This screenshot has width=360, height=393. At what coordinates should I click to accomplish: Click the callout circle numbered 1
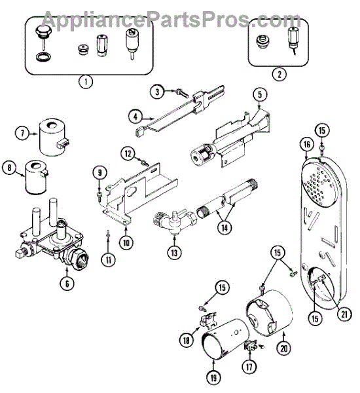[x=86, y=81]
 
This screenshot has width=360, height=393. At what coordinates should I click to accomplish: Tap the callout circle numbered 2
[x=279, y=74]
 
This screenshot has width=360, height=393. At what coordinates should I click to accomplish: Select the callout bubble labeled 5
[x=260, y=95]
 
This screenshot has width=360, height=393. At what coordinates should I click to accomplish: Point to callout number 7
[x=22, y=133]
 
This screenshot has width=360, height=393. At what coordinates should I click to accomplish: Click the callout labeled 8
[x=10, y=167]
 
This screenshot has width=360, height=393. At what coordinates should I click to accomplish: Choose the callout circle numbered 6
[x=67, y=284]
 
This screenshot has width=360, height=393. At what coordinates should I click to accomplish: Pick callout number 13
[x=174, y=252]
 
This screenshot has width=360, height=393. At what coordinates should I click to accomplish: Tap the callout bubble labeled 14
[x=225, y=227]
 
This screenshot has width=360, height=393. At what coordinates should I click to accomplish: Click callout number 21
[x=344, y=314]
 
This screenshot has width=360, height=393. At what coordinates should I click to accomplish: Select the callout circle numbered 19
[x=213, y=377]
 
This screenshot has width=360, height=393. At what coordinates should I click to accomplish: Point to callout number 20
[x=284, y=348]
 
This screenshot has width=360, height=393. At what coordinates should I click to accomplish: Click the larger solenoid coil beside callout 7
[x=52, y=137]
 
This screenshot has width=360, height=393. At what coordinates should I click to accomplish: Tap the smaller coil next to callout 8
[x=36, y=177]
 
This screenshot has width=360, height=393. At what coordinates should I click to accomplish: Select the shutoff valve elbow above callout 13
[x=175, y=220]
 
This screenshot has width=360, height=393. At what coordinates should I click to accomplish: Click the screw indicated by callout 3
[x=182, y=94]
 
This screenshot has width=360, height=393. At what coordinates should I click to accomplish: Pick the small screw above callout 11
[x=108, y=233]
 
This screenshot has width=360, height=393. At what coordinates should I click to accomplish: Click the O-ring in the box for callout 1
[x=43, y=56]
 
